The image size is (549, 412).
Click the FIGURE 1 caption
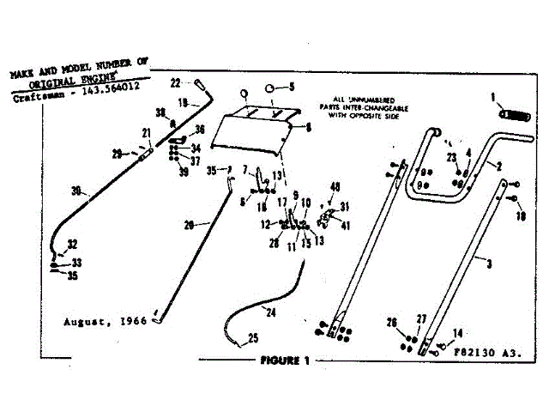[x=285, y=360]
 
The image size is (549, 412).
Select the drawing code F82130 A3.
[x=486, y=352]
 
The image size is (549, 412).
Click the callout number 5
[x=291, y=87]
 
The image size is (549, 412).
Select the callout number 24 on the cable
[x=272, y=312]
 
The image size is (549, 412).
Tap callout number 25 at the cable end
[x=253, y=336]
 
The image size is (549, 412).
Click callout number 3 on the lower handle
[x=489, y=266]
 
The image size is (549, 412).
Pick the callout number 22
[x=174, y=83]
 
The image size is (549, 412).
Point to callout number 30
[x=75, y=191]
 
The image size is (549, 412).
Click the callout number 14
[x=457, y=332]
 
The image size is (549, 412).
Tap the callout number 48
[x=335, y=187]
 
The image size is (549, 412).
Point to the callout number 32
[x=72, y=245]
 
